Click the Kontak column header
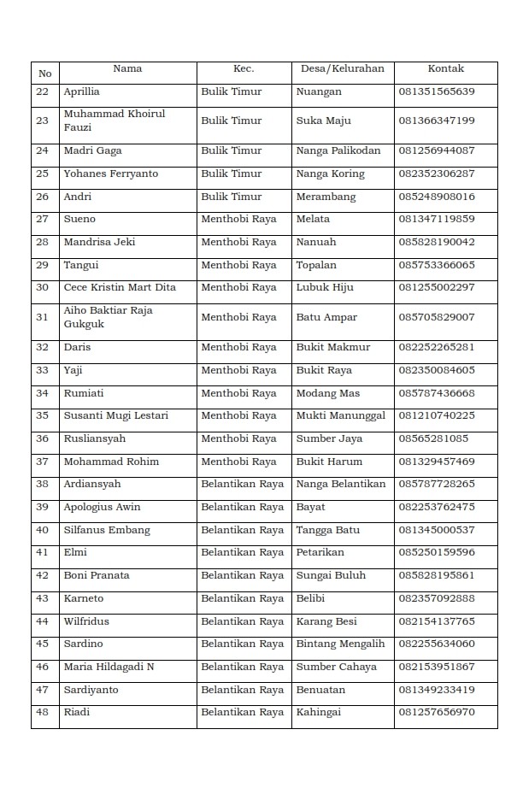tap(445, 68)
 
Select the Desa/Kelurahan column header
tap(342, 68)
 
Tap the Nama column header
tap(127, 68)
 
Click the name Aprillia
tap(81, 91)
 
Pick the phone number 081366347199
tap(436, 121)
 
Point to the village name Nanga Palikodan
tap(338, 150)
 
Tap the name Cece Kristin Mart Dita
tap(120, 287)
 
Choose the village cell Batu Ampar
tap(326, 317)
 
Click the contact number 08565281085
tap(433, 438)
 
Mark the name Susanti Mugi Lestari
tap(115, 415)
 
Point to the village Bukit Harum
tap(329, 462)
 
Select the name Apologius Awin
tap(102, 507)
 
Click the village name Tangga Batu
tap(327, 530)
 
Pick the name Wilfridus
tap(86, 621)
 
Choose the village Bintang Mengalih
tap(340, 644)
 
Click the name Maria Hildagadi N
tap(108, 667)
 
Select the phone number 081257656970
tap(436, 712)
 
